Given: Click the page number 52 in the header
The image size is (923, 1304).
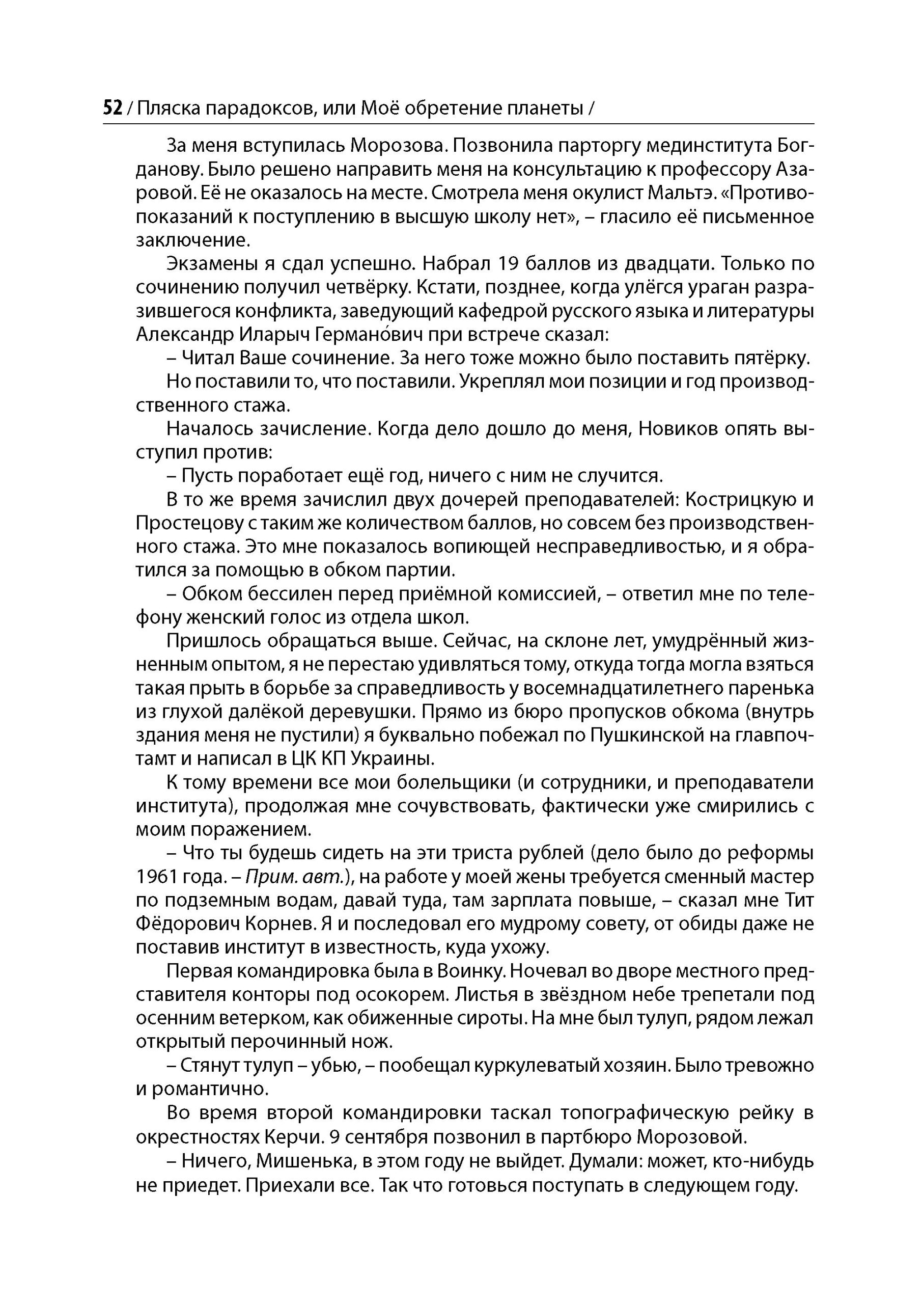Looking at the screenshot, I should (x=113, y=107).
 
